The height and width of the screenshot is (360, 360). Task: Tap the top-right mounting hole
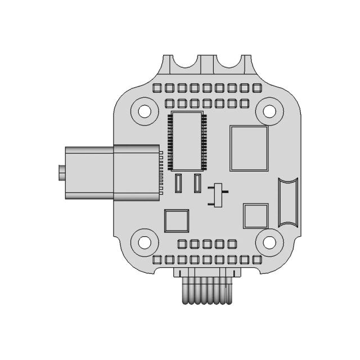269,111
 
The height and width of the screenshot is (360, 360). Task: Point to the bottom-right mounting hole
269,243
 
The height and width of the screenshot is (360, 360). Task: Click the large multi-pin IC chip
187,141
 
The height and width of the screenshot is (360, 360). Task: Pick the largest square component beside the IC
249,147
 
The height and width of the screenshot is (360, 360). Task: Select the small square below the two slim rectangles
176,221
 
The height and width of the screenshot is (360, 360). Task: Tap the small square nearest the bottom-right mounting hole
255,215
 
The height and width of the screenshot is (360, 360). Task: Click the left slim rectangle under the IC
179,183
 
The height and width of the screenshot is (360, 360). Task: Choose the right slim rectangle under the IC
197,183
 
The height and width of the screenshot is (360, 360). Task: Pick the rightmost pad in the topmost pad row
257,88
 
